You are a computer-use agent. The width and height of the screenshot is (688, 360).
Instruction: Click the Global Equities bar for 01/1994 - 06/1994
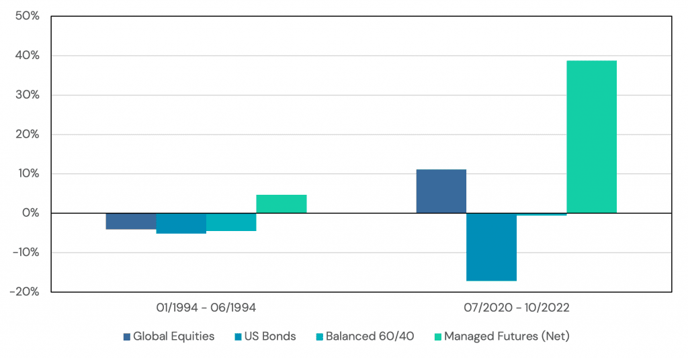[x=131, y=221]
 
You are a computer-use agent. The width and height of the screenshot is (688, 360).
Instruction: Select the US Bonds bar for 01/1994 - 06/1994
[x=181, y=223]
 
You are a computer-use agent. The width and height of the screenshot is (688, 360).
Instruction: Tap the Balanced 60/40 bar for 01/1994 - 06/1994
[x=231, y=222]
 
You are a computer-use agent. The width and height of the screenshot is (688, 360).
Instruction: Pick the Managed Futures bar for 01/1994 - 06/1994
[x=281, y=204]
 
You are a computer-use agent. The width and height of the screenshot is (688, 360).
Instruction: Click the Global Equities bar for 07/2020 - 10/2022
[x=441, y=191]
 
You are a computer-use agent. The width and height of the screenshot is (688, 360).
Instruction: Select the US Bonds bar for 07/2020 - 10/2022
[x=491, y=246]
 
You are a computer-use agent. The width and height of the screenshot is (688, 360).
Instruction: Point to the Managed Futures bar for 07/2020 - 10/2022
[x=591, y=137]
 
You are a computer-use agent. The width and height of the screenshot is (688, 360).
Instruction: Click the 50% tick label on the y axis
[x=28, y=15]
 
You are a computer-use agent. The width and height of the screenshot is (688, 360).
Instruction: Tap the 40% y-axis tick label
[x=28, y=55]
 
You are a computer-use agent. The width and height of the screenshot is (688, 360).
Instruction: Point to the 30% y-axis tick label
[x=28, y=95]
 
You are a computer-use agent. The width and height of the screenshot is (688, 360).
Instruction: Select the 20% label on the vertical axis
[x=28, y=134]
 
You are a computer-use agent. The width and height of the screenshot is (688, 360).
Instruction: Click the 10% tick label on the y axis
[x=28, y=174]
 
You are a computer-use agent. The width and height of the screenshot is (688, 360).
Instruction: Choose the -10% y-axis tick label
[x=26, y=253]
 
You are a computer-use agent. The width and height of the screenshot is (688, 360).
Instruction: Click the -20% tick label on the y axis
[x=26, y=292]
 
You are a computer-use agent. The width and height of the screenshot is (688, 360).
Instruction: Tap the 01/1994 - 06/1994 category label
[x=206, y=308]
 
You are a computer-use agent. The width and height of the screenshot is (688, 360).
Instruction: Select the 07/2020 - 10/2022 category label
[x=516, y=308]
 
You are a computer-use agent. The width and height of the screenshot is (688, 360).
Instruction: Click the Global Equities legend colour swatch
[x=126, y=336]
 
